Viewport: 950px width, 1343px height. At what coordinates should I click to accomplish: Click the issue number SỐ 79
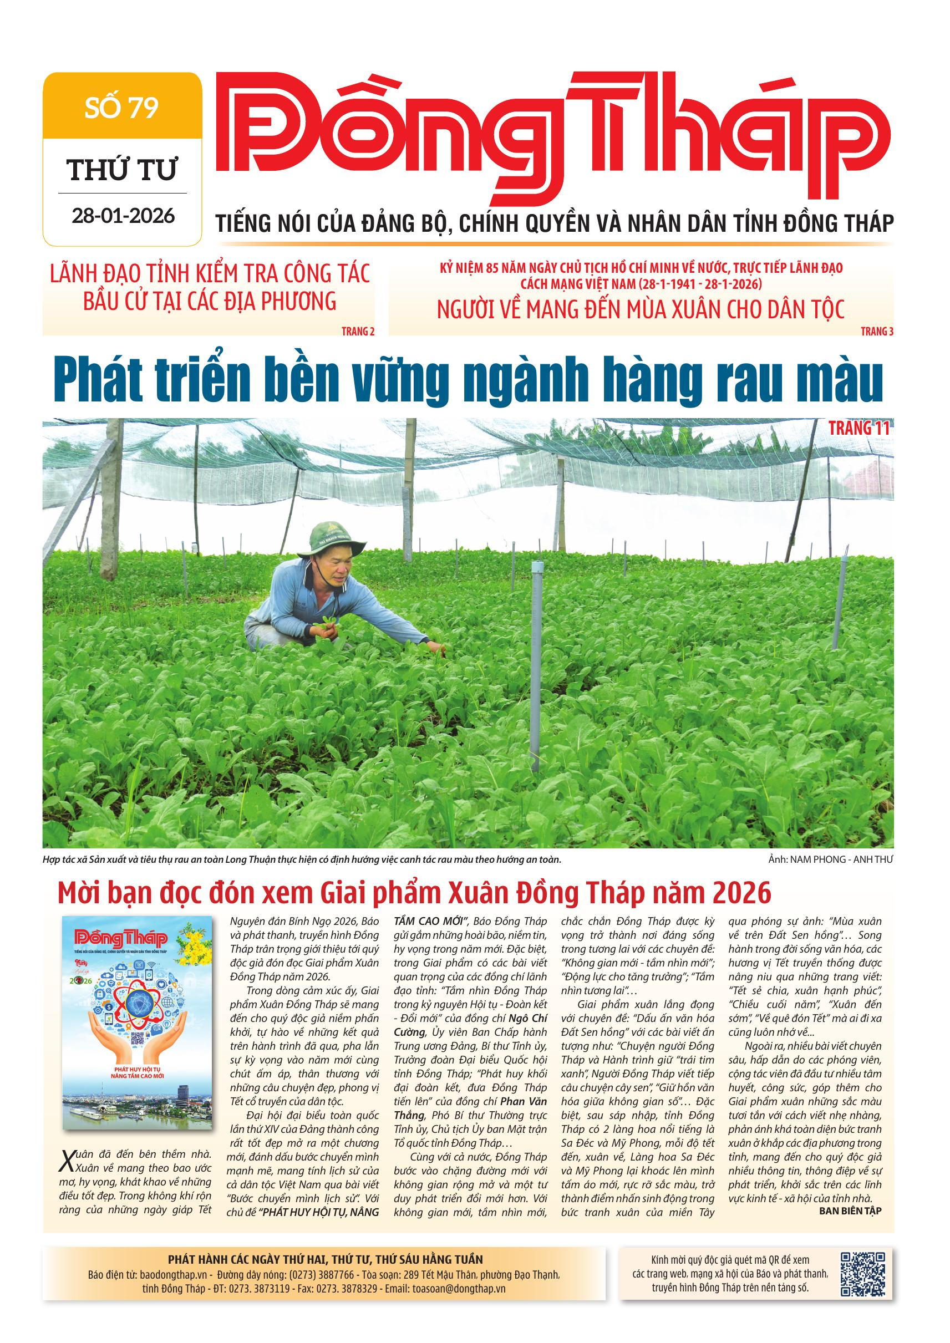(121, 109)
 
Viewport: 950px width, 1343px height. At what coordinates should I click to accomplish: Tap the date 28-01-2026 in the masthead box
(123, 216)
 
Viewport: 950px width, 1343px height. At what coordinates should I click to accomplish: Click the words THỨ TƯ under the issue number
(122, 170)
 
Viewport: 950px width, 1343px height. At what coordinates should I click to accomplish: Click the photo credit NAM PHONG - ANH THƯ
(830, 859)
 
